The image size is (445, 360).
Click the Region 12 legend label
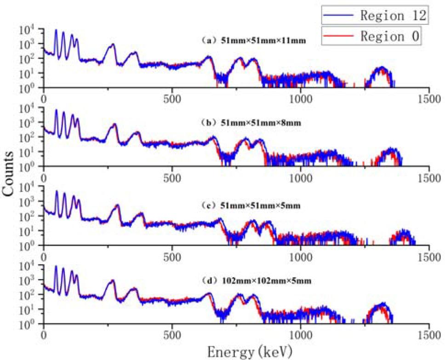(x=394, y=16)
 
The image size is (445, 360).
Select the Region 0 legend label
(x=389, y=36)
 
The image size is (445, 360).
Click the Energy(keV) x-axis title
(x=249, y=352)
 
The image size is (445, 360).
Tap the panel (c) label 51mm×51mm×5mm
(x=251, y=206)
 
